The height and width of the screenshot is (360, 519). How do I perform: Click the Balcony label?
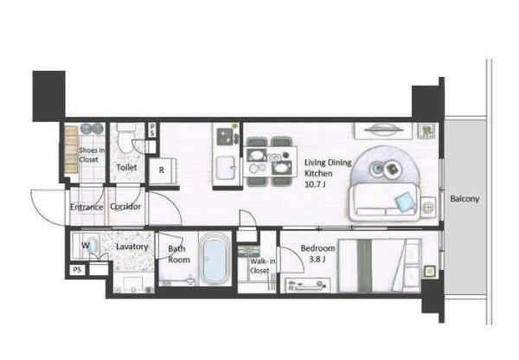[x=465, y=199]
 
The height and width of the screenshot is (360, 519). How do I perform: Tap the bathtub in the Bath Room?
[x=215, y=259]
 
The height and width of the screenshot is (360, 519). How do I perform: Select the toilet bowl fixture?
[x=125, y=138]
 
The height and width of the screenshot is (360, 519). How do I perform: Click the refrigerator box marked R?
[x=163, y=170]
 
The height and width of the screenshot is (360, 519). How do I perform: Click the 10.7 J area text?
[x=315, y=184]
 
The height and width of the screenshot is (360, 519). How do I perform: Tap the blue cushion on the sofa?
[x=406, y=202]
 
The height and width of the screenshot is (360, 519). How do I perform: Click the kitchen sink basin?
[x=226, y=168]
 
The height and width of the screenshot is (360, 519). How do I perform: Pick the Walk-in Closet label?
[x=262, y=266]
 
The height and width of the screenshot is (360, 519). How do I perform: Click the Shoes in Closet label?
[x=92, y=155]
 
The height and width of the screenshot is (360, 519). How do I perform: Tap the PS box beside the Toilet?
[x=152, y=130]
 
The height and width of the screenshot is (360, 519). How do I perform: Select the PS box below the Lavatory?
[x=77, y=270]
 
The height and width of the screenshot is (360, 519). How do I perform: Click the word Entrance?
[x=86, y=207]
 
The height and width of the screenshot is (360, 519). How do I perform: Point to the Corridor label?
[x=125, y=207]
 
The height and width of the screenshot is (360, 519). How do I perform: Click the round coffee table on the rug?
[x=386, y=169]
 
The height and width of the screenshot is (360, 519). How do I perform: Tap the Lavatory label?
[x=131, y=247]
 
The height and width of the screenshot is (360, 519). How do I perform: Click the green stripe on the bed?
[x=364, y=266]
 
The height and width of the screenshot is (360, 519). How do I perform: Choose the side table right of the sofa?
[x=427, y=208]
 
